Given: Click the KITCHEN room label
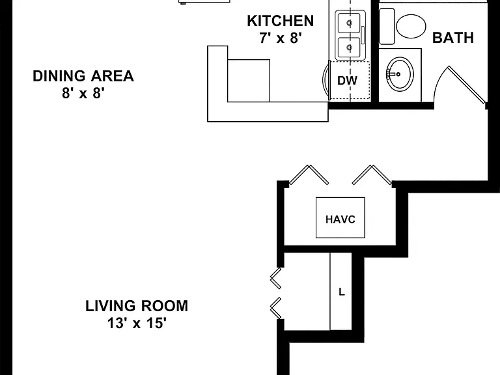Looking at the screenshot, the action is pos(281,21).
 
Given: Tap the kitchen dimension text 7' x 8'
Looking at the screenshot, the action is pos(281,38).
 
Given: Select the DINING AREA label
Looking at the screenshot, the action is pos(83,76).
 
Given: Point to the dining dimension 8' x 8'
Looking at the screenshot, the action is pos(83,94).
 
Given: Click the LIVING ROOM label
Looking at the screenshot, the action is pos(137,306).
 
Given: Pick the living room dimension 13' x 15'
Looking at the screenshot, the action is pos(137,324).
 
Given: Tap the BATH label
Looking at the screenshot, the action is pos(453,38).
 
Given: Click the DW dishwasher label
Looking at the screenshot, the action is pos(347,81).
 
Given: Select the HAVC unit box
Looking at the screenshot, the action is pos(340,217).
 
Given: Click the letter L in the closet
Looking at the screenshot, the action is pos(342,292).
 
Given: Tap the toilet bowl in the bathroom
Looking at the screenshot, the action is pos(411,26).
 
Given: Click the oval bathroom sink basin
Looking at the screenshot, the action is pos(400,74).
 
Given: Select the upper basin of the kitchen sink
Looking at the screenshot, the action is pos(349,23).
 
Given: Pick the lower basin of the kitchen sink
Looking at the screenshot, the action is pos(349,48).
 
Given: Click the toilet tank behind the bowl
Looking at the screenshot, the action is pos(387,26).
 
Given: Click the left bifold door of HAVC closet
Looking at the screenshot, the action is pos(309,174).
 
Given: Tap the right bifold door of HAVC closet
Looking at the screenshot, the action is pos(372,174).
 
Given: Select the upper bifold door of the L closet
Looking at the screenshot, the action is pos(276,278).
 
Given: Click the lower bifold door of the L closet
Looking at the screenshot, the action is pos(276,308).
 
